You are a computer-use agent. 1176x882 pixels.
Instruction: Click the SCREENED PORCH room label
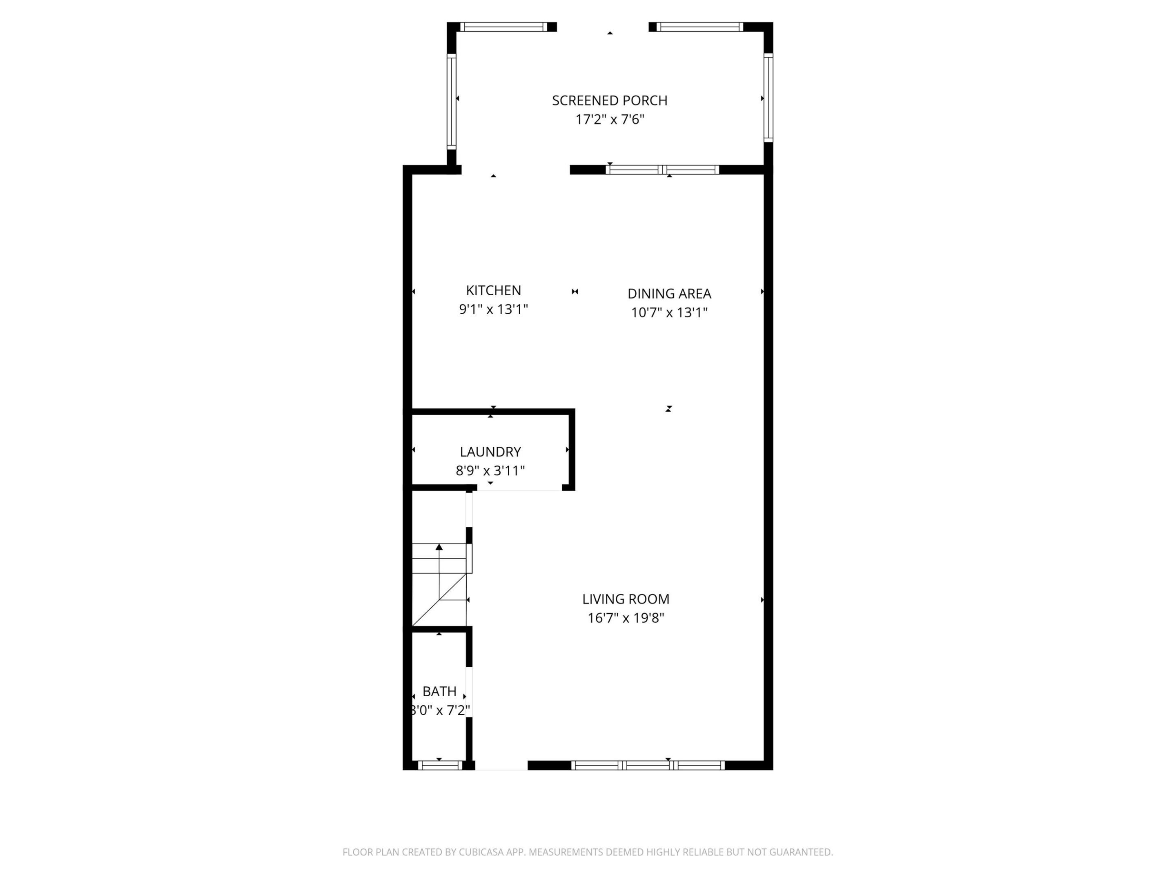[x=609, y=100]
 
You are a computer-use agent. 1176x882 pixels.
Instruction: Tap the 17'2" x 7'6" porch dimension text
[x=609, y=120]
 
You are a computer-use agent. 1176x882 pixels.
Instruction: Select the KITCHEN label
[x=493, y=290]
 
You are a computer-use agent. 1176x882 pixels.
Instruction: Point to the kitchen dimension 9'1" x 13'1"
[x=493, y=310]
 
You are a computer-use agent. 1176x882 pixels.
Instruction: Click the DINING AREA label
[x=669, y=294]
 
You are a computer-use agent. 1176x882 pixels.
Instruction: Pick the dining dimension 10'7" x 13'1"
[x=669, y=313]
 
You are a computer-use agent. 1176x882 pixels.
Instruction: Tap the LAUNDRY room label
[x=490, y=452]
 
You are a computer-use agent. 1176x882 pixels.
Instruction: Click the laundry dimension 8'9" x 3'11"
[x=490, y=470]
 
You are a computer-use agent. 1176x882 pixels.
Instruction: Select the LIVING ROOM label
[x=626, y=599]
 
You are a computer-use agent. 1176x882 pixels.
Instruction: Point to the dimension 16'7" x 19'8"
[x=626, y=618]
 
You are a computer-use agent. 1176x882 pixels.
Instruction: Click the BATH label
[x=439, y=691]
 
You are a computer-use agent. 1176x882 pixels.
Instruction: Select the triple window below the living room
[x=648, y=766]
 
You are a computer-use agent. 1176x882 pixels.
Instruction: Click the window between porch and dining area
[x=662, y=170]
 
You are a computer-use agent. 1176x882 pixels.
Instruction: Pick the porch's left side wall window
[x=451, y=101]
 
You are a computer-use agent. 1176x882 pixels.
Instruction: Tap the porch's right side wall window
[x=768, y=98]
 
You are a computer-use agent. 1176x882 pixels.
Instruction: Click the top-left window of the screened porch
[x=503, y=27]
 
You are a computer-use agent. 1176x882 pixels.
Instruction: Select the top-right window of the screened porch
[x=699, y=27]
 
